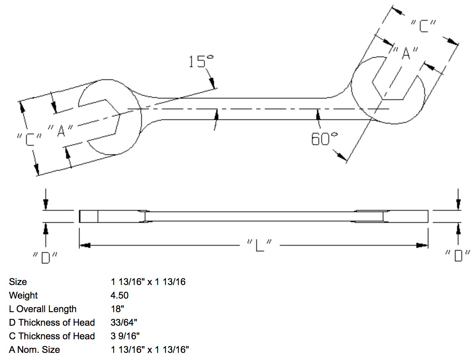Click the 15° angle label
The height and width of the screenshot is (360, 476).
click(x=200, y=61)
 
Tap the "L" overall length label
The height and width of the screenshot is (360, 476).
click(x=259, y=245)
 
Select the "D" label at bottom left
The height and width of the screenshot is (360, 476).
click(x=45, y=257)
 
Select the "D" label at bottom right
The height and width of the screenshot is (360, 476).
click(x=458, y=255)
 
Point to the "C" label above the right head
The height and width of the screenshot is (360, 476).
click(x=423, y=26)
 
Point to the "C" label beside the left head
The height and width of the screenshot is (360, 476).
click(x=29, y=139)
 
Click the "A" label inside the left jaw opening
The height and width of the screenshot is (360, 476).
click(x=61, y=130)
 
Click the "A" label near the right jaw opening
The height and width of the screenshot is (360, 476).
click(x=406, y=53)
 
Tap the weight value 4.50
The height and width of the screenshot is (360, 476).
click(x=119, y=295)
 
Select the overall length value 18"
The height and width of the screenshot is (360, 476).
click(x=117, y=309)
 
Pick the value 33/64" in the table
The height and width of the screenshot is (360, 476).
click(x=124, y=322)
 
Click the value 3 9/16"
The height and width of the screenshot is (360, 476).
click(x=125, y=336)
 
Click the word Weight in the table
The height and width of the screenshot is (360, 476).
click(x=23, y=295)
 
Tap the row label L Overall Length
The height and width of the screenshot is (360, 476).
click(x=43, y=309)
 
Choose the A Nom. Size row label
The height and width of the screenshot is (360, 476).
click(x=34, y=350)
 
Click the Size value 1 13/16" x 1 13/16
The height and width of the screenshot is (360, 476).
click(x=148, y=282)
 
